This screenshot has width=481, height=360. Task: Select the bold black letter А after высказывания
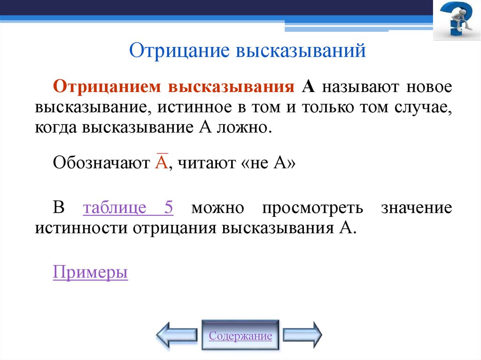(x=308, y=87)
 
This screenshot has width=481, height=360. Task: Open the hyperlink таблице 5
(x=128, y=207)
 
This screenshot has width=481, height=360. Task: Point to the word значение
(x=417, y=207)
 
